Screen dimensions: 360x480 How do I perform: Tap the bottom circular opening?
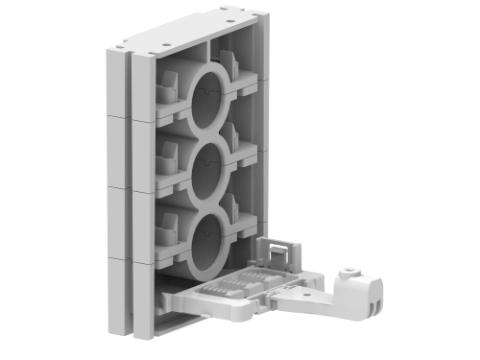point(207,240)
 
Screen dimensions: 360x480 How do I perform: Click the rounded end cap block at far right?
point(360,290)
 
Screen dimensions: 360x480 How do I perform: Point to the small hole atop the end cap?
point(347,271)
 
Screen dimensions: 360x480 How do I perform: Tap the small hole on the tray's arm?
point(291,287)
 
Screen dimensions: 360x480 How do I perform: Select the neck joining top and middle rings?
point(207,131)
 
